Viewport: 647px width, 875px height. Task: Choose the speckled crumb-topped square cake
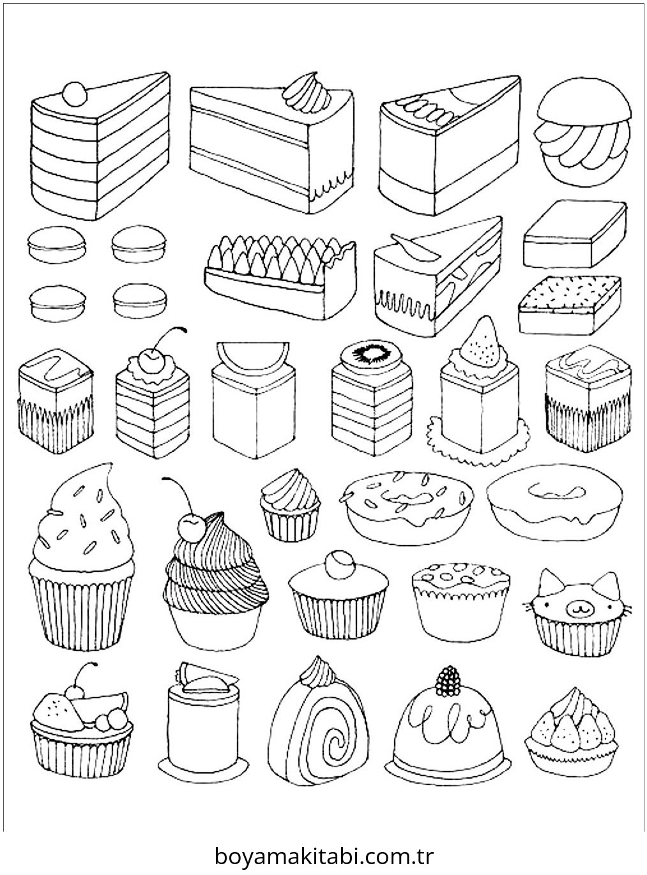[x=569, y=305]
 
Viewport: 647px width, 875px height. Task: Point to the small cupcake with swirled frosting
[x=290, y=505]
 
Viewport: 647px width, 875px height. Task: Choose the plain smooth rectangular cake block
[x=575, y=234]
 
